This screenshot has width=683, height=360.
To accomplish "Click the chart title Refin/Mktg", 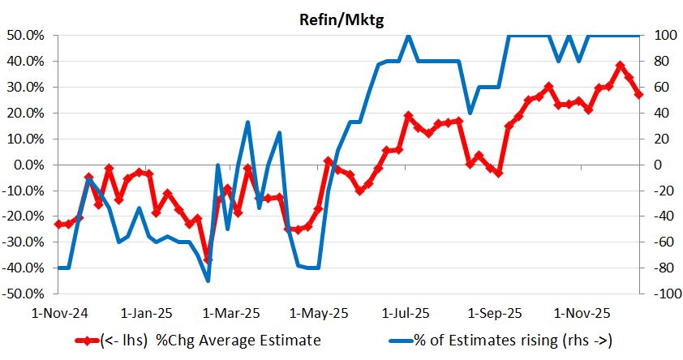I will pos(341,20).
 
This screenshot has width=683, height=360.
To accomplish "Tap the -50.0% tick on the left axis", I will pos(28,294).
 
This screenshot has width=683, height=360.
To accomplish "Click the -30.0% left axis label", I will pos(28,242).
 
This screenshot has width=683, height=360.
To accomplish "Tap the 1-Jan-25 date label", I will pos(147,312).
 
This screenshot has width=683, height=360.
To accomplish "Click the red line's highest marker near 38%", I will pos(620,66).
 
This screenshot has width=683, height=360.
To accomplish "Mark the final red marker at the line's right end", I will pos(638,94).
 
